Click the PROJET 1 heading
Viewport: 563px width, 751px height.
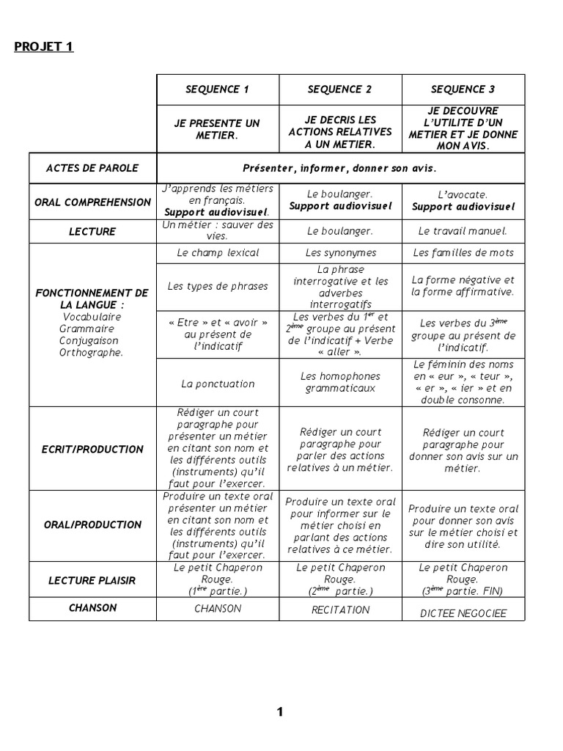point(44,48)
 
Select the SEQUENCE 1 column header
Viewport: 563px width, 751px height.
point(218,89)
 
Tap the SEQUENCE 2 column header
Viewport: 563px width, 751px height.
point(340,89)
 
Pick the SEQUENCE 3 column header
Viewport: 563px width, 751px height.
point(463,89)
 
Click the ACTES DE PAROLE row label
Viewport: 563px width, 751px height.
point(92,168)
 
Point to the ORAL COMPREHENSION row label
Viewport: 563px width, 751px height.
point(92,202)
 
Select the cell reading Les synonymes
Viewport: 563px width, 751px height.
point(340,253)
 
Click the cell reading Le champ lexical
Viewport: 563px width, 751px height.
point(218,253)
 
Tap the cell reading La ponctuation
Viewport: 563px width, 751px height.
point(218,384)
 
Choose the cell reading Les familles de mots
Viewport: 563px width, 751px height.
point(463,253)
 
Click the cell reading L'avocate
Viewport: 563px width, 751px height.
point(463,194)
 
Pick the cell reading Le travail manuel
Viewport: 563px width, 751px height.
point(463,231)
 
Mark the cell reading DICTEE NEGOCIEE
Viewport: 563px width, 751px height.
point(463,614)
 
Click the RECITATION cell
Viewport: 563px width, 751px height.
point(340,609)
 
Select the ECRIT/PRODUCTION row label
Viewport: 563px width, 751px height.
point(92,449)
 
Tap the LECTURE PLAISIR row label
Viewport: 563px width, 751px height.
point(92,580)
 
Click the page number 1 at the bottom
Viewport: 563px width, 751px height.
point(280,711)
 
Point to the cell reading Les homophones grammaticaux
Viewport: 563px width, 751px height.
point(340,382)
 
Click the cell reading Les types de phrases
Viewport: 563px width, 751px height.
point(218,286)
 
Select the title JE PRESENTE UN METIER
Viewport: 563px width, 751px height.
point(218,129)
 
